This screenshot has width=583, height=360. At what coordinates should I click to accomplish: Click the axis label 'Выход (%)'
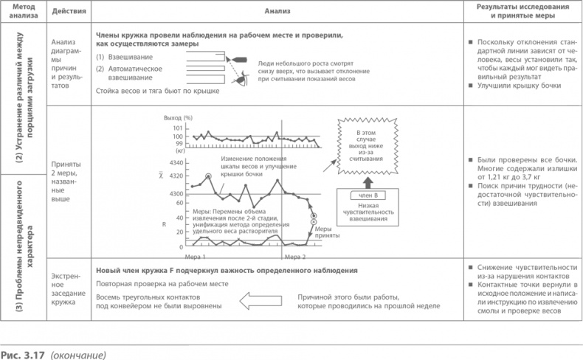tap(177, 119)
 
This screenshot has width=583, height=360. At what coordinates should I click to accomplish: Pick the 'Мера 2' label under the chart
tap(294, 255)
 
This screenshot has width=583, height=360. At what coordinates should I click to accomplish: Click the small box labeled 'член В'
tap(367, 195)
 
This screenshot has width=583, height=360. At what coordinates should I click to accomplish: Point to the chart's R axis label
tap(165, 221)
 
